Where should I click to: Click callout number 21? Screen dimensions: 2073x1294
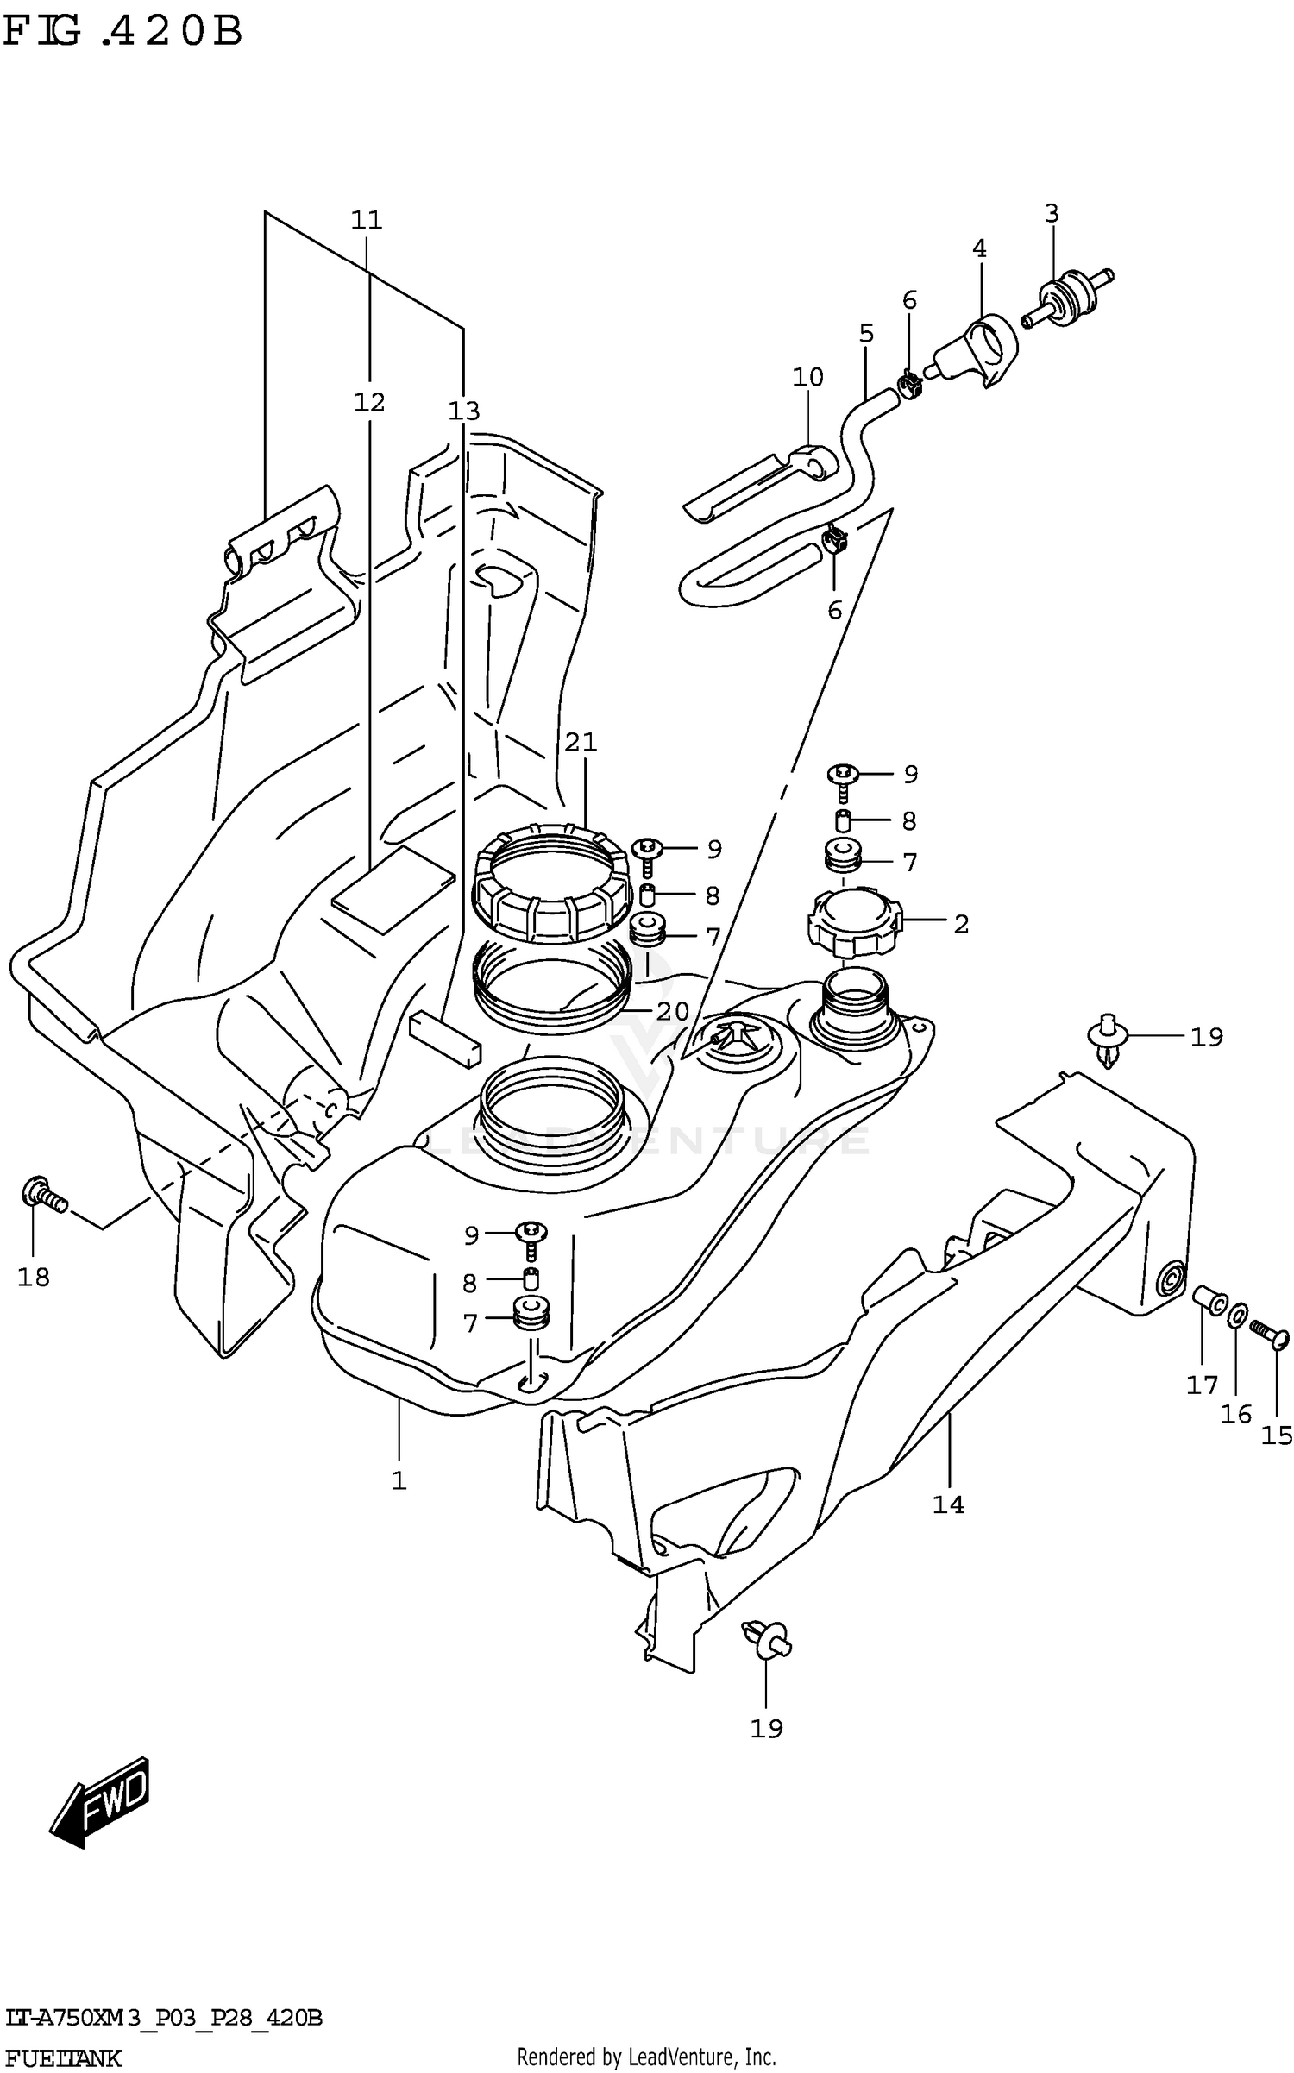click(x=581, y=742)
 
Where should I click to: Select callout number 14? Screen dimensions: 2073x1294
click(x=947, y=1504)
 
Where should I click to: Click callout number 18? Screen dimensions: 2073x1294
click(x=34, y=1277)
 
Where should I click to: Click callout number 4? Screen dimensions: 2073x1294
click(x=979, y=248)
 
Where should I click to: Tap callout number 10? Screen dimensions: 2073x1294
click(x=808, y=377)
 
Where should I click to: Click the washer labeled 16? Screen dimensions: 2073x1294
click(x=1235, y=1316)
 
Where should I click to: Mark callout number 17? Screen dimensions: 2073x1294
click(x=1202, y=1384)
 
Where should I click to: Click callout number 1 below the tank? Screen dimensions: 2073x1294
click(x=399, y=1480)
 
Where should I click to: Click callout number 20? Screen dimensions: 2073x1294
click(x=672, y=1011)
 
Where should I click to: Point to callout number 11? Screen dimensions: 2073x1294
click(x=367, y=220)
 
